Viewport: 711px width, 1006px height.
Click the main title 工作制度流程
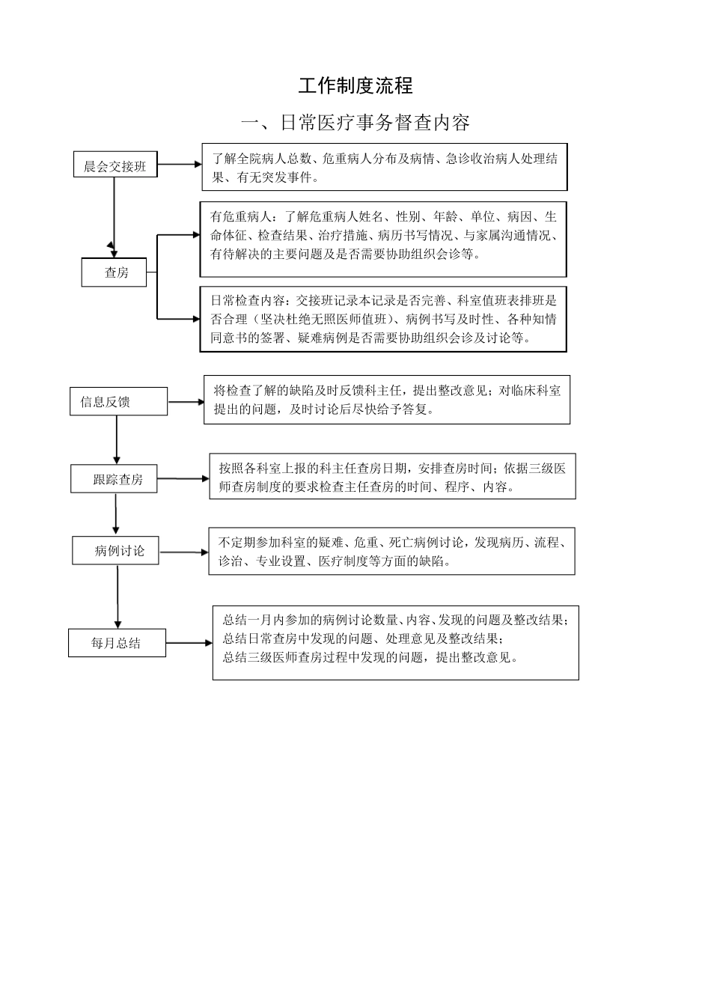[355, 85]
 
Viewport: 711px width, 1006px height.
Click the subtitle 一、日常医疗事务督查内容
[355, 122]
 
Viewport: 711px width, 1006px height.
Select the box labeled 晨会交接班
[115, 165]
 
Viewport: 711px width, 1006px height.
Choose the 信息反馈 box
[118, 402]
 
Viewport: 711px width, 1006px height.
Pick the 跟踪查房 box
[116, 479]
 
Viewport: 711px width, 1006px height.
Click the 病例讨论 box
[115, 551]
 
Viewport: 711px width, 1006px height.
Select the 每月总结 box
[117, 643]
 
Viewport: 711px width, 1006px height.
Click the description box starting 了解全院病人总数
[384, 168]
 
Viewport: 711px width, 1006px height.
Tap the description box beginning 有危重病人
[382, 239]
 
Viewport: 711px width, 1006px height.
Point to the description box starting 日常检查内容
[382, 319]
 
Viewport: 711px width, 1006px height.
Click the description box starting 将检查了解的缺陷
[386, 400]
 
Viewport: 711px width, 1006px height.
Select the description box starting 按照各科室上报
[392, 477]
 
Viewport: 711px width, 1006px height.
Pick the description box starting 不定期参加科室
[391, 552]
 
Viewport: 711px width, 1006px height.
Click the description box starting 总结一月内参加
[395, 642]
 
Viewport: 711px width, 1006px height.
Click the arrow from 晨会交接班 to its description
[180, 164]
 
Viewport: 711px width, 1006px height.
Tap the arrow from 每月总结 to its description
[189, 643]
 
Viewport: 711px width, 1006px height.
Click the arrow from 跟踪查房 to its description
[184, 478]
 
